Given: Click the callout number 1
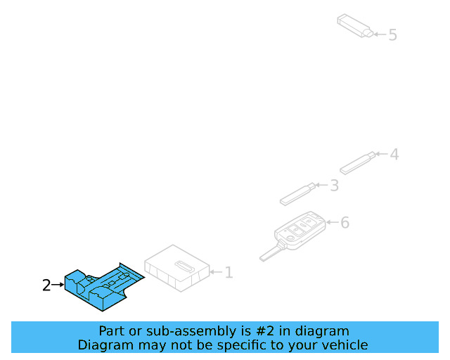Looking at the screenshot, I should pyautogui.click(x=229, y=272).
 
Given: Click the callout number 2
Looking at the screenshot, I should pyautogui.click(x=46, y=285).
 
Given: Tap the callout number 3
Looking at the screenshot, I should pyautogui.click(x=334, y=186).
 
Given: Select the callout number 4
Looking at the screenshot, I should pyautogui.click(x=394, y=154).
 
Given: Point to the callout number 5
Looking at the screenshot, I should pyautogui.click(x=392, y=34).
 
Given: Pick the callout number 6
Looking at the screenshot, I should pyautogui.click(x=345, y=223).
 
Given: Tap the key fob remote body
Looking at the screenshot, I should pyautogui.click(x=301, y=229).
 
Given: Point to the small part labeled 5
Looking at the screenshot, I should pyautogui.click(x=354, y=25).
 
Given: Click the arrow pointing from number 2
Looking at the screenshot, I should pyautogui.click(x=58, y=285).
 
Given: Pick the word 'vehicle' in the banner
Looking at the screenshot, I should pyautogui.click(x=343, y=345).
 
